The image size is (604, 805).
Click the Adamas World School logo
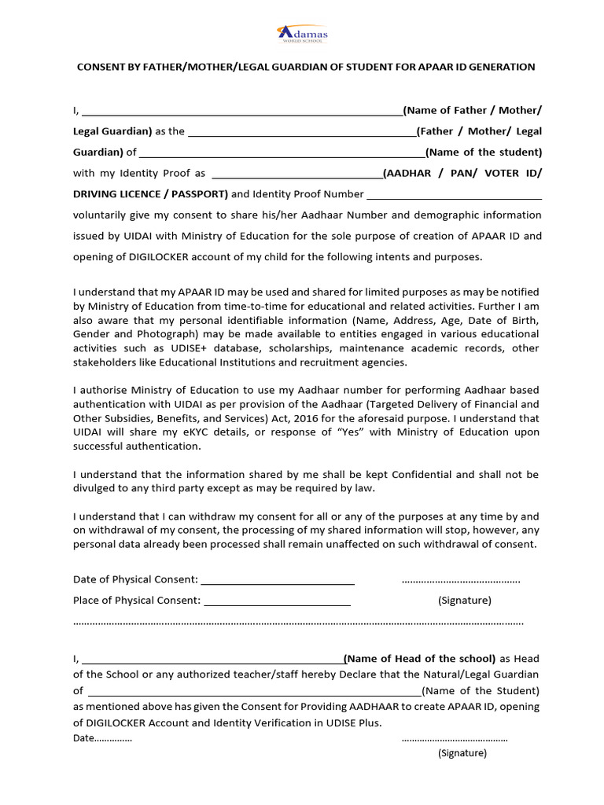point(302,34)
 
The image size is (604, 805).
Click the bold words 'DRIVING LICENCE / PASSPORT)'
point(151,194)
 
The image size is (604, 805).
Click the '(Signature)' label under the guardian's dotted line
point(464,601)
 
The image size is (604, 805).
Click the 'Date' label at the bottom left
point(83,738)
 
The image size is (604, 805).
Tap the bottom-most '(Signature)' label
point(462,753)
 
